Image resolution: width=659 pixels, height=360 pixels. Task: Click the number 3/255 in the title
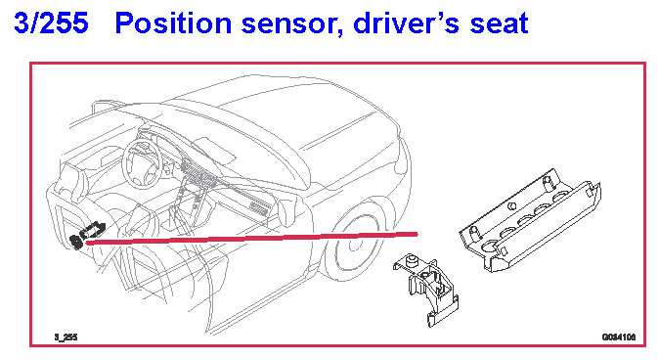click(x=51, y=22)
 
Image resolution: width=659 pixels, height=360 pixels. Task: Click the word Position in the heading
click(x=173, y=22)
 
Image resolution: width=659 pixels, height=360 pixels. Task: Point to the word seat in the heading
click(x=499, y=23)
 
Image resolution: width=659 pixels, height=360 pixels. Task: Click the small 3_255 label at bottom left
click(x=66, y=337)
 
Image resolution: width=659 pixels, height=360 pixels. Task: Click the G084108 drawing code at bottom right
click(x=619, y=337)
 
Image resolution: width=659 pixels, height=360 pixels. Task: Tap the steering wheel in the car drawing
click(x=142, y=163)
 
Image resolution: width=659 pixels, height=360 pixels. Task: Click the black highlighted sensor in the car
click(x=87, y=235)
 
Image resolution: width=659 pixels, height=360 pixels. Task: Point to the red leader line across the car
click(x=251, y=238)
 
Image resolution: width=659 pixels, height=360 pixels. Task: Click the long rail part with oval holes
click(x=530, y=220)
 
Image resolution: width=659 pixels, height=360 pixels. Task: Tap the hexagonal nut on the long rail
click(x=511, y=206)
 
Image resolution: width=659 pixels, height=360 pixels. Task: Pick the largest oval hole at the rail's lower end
click(x=489, y=245)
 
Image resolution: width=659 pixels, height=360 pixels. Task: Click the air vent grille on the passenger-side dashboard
click(x=259, y=207)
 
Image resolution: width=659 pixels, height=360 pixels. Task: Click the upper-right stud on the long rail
click(x=548, y=183)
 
